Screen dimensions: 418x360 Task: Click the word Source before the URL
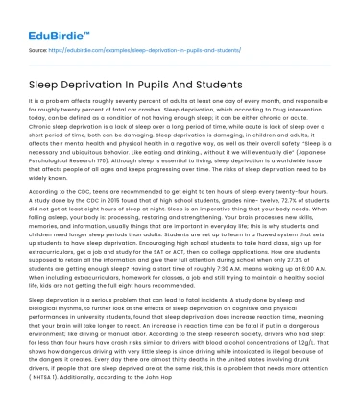pos(39,46)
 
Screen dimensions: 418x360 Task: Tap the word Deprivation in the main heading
pos(108,85)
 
